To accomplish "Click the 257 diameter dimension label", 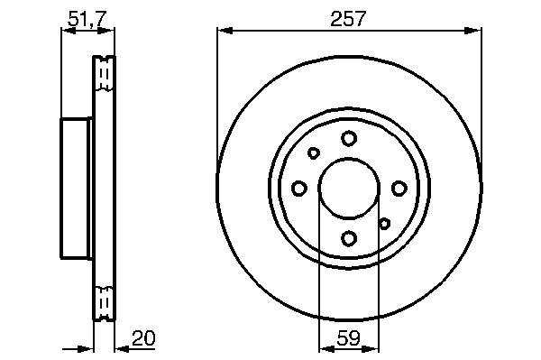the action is point(347,19).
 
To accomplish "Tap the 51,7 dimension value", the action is point(86,19).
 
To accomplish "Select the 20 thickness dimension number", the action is point(143,338).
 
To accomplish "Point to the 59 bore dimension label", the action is point(348,338).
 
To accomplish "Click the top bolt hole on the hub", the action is point(349,138).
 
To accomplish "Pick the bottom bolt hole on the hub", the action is point(349,238).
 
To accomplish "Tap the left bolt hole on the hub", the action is point(298,189).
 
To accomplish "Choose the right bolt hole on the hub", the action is point(399,189).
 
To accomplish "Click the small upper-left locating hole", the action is point(314,152).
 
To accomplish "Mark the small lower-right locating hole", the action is point(384,224).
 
